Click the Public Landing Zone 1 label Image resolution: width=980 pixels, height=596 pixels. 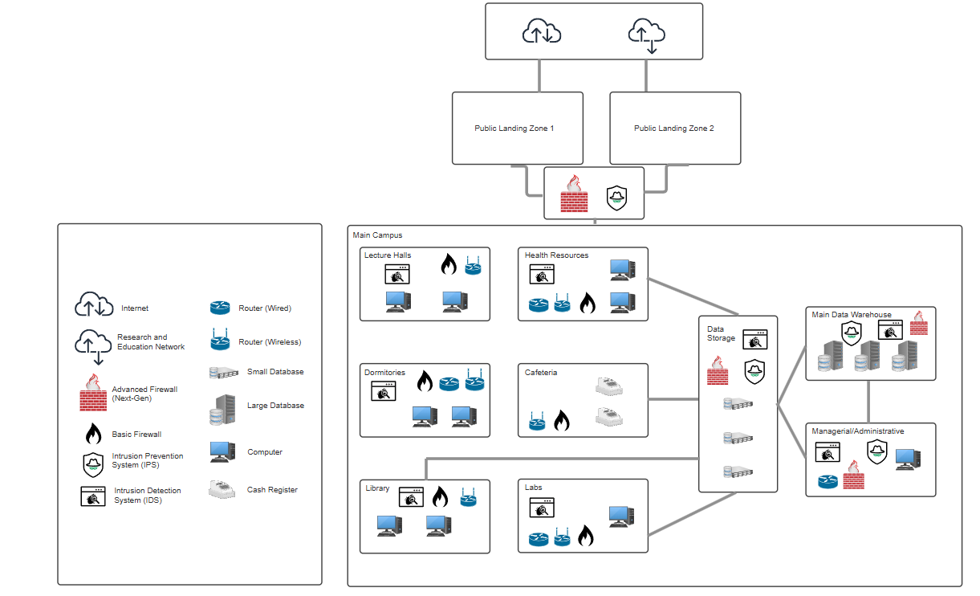pos(514,129)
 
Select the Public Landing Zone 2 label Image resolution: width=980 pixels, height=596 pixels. pos(673,129)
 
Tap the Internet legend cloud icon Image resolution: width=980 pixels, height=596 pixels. pos(94,305)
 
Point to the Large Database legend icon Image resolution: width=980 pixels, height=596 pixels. pos(222,410)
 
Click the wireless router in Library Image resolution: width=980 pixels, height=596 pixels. pos(469,498)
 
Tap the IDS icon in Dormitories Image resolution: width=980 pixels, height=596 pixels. pos(384,390)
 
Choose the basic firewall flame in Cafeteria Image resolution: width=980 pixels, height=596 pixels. pos(562,420)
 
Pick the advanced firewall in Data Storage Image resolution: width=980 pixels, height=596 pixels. pos(718,372)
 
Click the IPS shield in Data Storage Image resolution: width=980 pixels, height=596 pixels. pos(754,370)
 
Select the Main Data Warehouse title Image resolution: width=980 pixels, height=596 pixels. pos(851,315)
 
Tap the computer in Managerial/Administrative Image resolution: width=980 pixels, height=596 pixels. pos(908,459)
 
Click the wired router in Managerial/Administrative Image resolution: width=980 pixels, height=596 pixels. pos(828,482)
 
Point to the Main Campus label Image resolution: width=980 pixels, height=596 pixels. pos(377,235)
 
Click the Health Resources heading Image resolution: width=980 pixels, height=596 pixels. pos(556,255)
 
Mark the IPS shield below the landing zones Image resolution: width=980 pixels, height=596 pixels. pos(616,198)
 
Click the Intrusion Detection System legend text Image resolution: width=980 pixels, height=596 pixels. pos(148,495)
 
